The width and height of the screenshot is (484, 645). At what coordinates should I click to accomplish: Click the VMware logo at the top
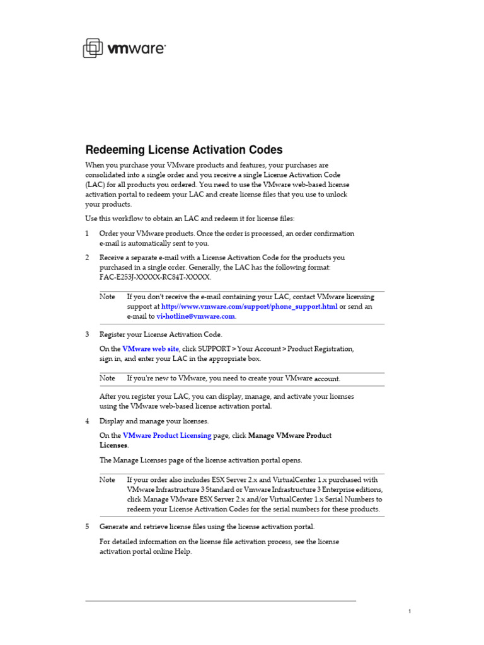pos(124,48)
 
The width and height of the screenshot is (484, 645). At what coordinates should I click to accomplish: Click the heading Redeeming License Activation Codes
pos(184,150)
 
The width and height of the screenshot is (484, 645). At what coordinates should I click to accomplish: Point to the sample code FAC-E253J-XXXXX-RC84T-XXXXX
pos(155,277)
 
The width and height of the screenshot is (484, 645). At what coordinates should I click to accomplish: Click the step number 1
pos(87,234)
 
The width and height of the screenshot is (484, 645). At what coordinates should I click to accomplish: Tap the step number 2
pos(87,258)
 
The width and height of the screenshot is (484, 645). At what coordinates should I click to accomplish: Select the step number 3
pos(87,334)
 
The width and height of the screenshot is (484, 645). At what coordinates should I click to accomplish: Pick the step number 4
pos(87,421)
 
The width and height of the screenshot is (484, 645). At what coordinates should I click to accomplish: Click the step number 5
pos(87,527)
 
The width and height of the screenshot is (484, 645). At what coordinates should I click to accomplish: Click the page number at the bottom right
pos(410,612)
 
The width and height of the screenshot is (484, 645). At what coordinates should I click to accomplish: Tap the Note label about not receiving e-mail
pos(108,297)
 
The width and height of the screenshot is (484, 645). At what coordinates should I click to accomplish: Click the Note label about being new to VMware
pos(108,379)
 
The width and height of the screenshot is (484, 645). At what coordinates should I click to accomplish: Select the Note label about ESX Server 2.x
pos(108,480)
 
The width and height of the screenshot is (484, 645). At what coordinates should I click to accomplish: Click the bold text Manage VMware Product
pos(290,435)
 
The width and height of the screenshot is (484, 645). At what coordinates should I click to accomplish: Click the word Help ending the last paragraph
pos(183,552)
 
